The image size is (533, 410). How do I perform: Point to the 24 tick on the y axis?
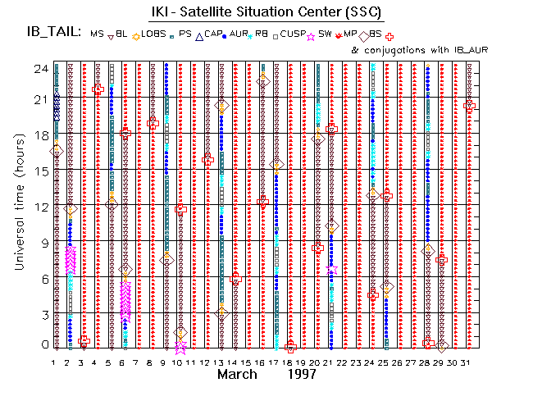[x=39, y=69]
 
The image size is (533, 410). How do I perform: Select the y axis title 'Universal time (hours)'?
[x=17, y=206]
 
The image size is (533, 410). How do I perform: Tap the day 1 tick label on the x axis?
[x=54, y=361]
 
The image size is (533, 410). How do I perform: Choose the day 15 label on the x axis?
[x=248, y=361]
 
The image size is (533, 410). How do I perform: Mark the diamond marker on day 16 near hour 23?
[x=262, y=80]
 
